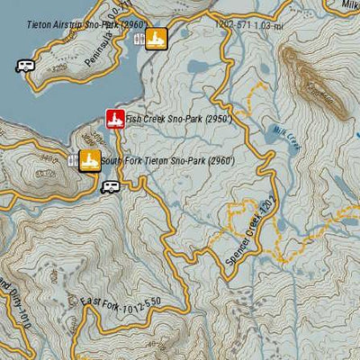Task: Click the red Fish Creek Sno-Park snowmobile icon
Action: pos(114,119)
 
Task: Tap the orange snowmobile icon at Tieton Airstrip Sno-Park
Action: pos(157,39)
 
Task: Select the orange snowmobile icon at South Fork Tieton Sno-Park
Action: pos(89,160)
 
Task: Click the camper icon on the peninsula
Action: pos(24,66)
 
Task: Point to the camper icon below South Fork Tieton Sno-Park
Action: pos(110,186)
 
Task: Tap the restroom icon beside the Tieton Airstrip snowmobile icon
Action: pos(139,39)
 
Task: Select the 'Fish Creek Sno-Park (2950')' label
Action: pos(178,119)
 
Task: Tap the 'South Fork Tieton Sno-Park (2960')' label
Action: pos(167,161)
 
